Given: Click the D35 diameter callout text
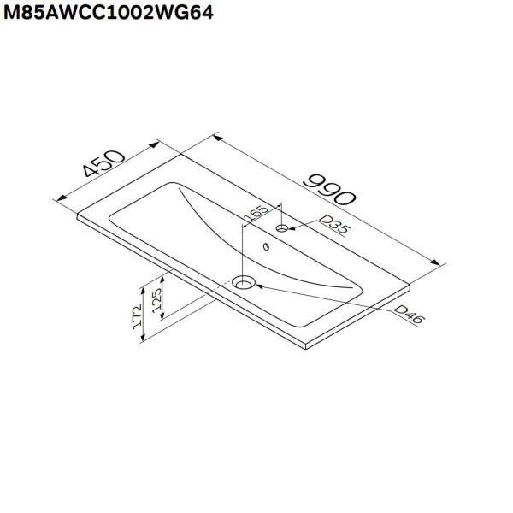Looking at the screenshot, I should (x=331, y=225).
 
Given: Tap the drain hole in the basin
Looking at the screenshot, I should (x=245, y=282).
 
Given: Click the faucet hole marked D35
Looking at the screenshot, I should (x=282, y=229).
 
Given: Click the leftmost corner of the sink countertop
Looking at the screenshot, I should (x=78, y=215).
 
